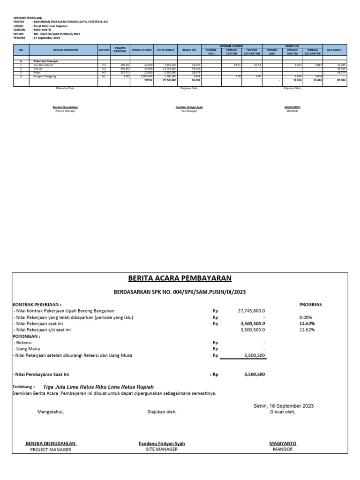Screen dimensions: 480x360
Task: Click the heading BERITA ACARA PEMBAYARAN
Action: pos(180,278)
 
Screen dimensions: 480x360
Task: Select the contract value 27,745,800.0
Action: pos(252,310)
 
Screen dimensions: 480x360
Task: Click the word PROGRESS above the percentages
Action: pos(310,304)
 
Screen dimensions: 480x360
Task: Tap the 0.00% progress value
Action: pos(307,317)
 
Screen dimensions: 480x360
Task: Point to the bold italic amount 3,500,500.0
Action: pos(252,323)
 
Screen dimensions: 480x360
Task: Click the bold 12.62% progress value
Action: pos(307,323)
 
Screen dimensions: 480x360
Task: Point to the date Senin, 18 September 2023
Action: pos(283,405)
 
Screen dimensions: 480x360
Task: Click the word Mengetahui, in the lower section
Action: pos(50,412)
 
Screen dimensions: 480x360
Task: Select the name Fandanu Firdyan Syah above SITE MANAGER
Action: pos(161,443)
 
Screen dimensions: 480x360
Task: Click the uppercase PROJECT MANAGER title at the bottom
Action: pos(50,450)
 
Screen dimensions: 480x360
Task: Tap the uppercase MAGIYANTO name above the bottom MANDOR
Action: pos(283,443)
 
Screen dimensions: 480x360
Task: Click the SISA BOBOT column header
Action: pos(334,49)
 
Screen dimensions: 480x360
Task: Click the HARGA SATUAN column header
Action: pos(142,49)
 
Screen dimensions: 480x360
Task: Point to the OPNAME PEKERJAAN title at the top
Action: pos(28,17)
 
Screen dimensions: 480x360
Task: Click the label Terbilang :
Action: pos(23,387)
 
